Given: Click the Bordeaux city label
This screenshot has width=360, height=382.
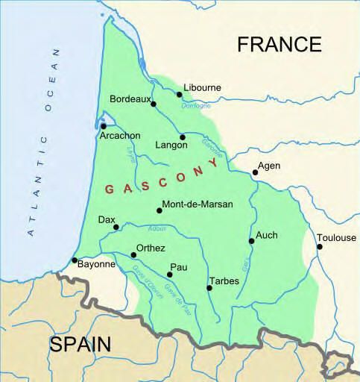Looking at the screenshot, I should [130, 98].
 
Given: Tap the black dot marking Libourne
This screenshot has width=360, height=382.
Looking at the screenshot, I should [179, 95].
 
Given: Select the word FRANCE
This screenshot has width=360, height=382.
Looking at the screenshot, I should [280, 44].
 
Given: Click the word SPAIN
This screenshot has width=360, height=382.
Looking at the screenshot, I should [80, 344].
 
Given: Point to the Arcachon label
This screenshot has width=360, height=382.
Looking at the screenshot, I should [119, 136].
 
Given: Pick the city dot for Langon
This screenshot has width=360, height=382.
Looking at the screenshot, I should [183, 137].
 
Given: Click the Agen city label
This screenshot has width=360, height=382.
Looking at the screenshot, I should [268, 166].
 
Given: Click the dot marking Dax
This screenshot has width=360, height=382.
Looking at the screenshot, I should [116, 228].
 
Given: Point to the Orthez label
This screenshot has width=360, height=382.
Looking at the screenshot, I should [151, 248].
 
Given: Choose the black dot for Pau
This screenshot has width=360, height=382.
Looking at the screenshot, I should [170, 275].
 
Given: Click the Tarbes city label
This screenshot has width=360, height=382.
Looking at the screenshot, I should [224, 281].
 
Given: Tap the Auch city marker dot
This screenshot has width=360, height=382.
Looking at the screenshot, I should [251, 240].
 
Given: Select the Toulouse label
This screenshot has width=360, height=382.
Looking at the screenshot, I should [336, 238].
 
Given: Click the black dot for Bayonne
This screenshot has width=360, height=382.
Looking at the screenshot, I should [75, 260].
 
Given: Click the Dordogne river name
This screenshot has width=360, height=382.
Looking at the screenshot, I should [195, 105].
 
